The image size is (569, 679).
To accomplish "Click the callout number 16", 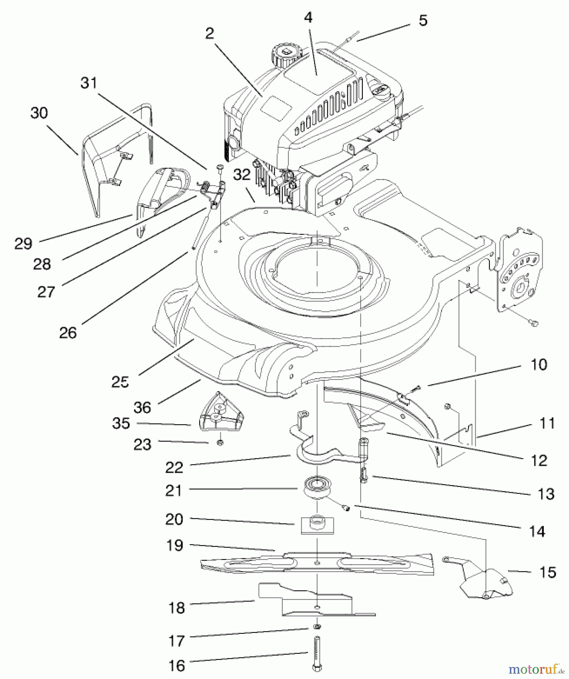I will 176,665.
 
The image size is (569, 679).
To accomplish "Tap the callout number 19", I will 174,545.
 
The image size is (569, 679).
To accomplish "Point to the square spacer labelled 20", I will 318,524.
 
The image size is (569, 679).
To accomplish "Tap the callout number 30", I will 39,113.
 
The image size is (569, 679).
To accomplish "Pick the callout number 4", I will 308,17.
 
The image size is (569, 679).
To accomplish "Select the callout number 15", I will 547,572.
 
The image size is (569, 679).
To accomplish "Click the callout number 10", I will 539,364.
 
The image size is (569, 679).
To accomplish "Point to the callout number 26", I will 68,333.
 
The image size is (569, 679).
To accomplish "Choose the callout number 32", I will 242,175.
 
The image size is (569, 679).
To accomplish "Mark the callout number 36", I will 142,407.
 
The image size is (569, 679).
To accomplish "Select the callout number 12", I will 539,460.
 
